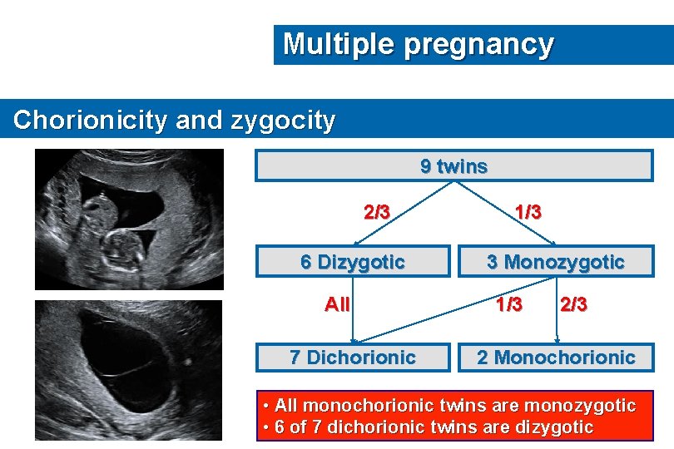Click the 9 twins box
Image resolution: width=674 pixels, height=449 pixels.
click(453, 166)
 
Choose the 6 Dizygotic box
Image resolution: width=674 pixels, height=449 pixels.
click(352, 262)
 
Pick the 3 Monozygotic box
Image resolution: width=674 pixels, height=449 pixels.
click(555, 262)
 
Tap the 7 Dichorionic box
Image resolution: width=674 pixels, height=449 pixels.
click(352, 358)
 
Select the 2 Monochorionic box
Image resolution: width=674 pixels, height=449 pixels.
click(555, 358)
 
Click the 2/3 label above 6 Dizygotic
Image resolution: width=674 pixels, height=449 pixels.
click(377, 212)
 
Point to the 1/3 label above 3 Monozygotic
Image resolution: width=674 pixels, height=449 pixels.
click(528, 212)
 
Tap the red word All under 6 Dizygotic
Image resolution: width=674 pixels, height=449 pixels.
click(337, 304)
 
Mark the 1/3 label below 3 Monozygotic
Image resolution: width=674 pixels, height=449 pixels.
click(508, 304)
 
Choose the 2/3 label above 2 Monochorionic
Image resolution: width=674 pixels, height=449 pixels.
click(573, 304)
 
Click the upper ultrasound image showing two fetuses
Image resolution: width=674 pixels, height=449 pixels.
click(129, 219)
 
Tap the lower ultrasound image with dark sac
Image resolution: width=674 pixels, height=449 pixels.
click(129, 369)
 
